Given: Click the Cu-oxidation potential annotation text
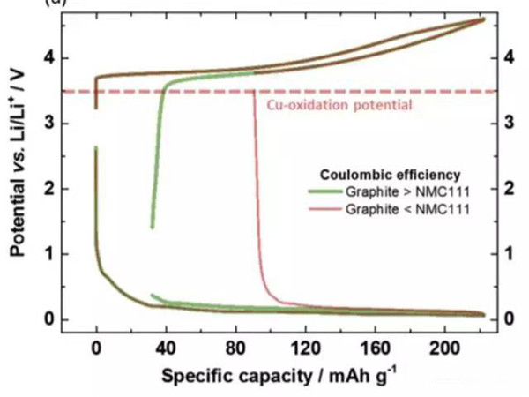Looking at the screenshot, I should [x=339, y=106].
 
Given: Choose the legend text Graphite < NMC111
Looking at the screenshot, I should [x=407, y=207].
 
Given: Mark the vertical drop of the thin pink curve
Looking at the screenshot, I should [x=256, y=176].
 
